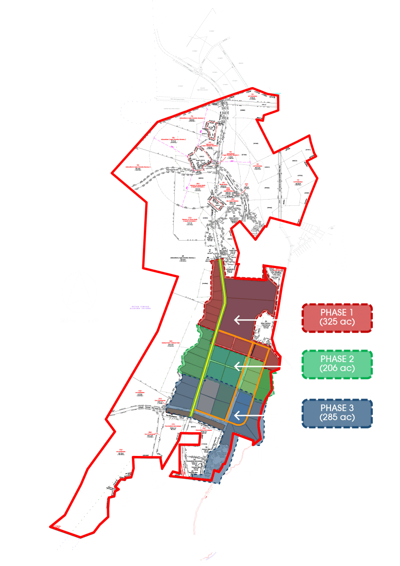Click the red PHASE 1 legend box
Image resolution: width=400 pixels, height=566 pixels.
(337, 318)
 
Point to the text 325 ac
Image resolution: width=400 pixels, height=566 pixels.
(337, 324)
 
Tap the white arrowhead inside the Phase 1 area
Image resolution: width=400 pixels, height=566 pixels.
(236, 320)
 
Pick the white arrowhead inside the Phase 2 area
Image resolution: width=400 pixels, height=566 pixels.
(236, 366)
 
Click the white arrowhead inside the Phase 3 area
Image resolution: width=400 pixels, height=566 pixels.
(236, 415)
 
